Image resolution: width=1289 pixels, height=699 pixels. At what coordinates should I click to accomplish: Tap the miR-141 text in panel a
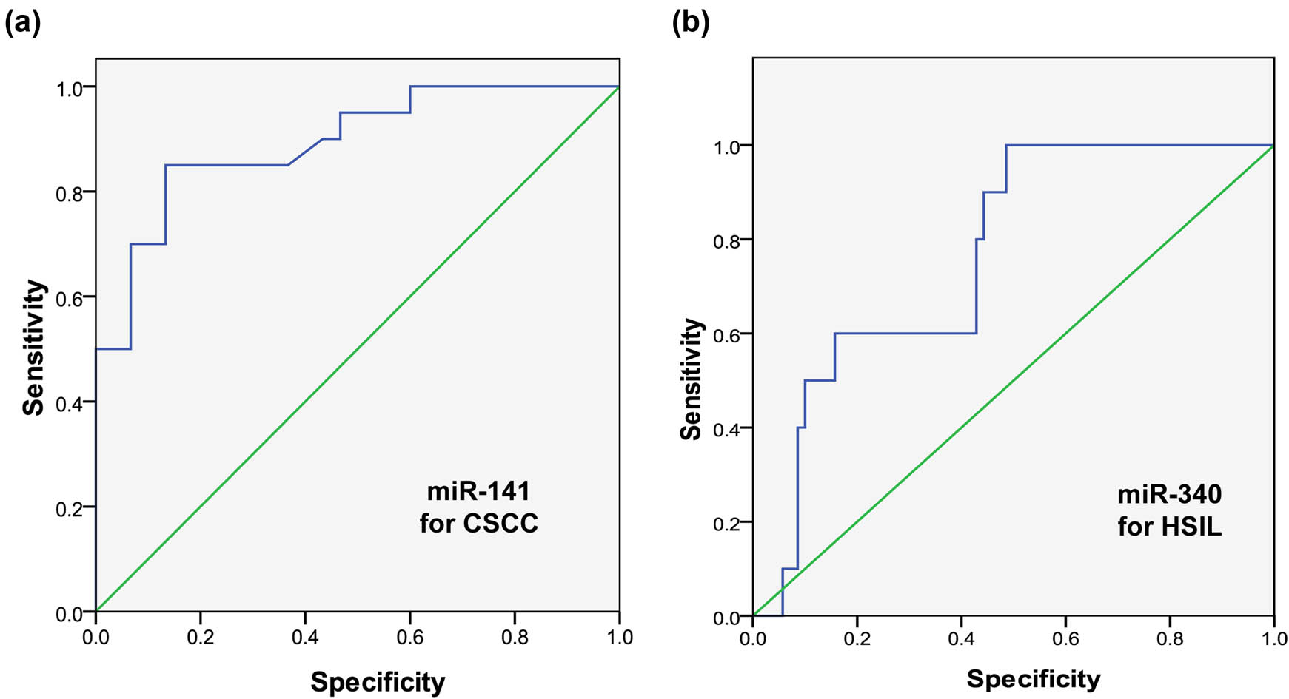pyautogui.click(x=478, y=491)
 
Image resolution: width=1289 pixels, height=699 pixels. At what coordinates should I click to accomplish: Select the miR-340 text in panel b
pyautogui.click(x=1170, y=494)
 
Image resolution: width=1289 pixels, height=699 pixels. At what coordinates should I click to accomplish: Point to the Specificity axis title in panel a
pyautogui.click(x=378, y=681)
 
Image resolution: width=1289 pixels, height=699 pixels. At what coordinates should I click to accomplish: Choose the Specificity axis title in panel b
pyautogui.click(x=1033, y=678)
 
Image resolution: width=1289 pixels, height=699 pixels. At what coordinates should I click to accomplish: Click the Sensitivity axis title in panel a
pyautogui.click(x=34, y=348)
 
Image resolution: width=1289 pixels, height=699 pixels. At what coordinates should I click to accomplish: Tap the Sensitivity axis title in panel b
pyautogui.click(x=691, y=379)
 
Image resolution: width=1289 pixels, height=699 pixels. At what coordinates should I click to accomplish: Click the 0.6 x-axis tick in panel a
pyautogui.click(x=409, y=637)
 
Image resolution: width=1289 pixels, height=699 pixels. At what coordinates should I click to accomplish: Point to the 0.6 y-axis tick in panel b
pyautogui.click(x=727, y=334)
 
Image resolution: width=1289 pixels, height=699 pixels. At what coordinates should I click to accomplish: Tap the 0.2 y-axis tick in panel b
pyautogui.click(x=727, y=522)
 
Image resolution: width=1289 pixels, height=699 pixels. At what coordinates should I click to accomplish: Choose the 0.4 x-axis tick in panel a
pyautogui.click(x=305, y=637)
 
